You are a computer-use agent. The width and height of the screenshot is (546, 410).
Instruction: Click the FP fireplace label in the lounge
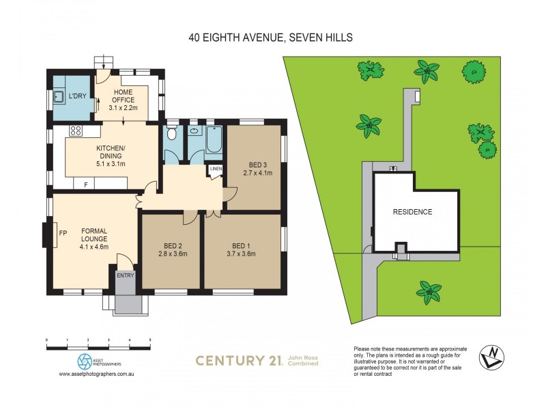63,233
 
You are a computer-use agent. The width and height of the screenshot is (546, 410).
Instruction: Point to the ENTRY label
126,275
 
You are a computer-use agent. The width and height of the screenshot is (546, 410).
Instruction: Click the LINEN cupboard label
216,168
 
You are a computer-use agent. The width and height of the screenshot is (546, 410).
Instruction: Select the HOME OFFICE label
124,96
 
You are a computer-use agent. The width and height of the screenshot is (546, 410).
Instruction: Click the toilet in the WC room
171,133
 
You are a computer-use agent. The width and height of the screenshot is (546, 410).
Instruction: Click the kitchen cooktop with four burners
76,131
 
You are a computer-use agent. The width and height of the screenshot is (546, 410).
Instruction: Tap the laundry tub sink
59,96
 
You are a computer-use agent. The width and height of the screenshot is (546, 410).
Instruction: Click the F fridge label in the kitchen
85,184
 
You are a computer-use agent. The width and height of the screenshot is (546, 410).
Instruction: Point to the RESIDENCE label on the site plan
412,212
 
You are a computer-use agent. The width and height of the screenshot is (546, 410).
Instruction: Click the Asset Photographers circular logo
84,359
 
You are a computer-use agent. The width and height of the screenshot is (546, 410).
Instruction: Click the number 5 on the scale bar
149,339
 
